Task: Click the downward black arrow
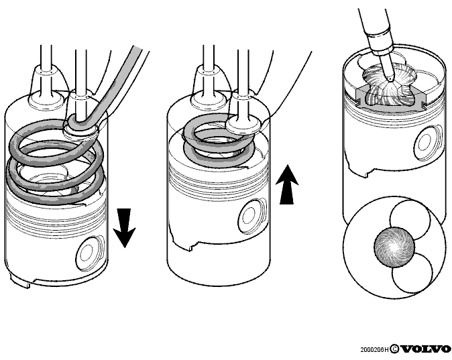coord(124,228)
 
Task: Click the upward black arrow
coord(287,184)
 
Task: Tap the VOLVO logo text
coord(426,349)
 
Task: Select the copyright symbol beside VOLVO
coord(394,349)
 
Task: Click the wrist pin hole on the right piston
coord(427,143)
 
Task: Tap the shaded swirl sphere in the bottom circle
coord(394,247)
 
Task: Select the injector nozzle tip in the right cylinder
coord(390,78)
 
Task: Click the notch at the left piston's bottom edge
coord(27,286)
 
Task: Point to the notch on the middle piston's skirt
coord(190,248)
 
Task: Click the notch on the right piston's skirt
coord(366,174)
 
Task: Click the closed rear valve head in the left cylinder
coord(46,101)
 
